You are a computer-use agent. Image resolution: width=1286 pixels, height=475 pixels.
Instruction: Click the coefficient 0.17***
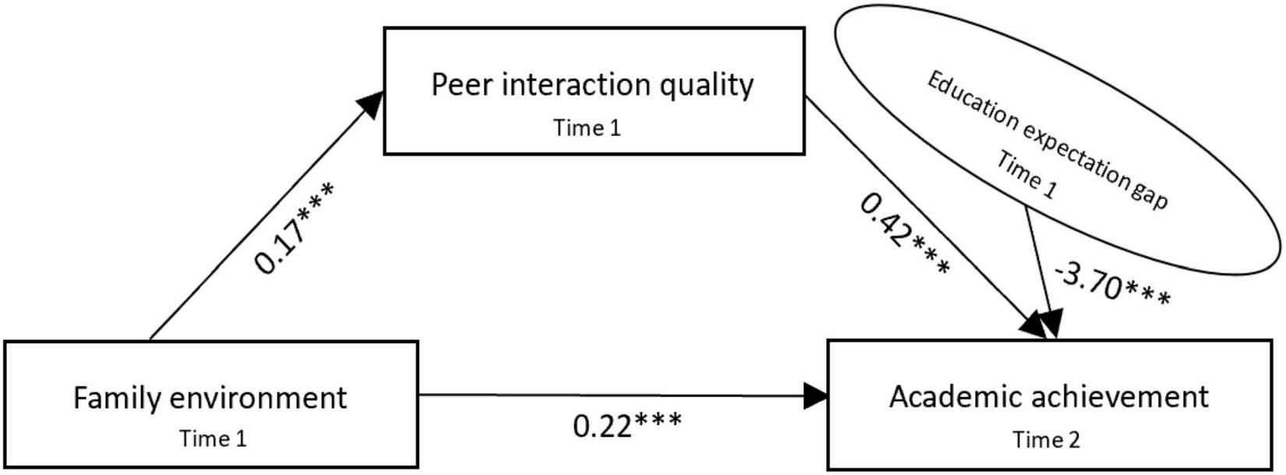tap(295, 228)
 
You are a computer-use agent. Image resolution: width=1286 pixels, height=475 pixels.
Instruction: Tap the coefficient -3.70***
tap(1112, 285)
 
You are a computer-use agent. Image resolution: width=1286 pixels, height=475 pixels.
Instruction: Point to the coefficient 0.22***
tap(627, 425)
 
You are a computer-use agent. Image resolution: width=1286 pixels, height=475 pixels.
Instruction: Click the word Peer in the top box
tap(462, 84)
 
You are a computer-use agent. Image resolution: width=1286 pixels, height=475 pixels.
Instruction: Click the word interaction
tap(576, 84)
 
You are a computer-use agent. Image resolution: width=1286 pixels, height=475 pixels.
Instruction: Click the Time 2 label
tap(1046, 440)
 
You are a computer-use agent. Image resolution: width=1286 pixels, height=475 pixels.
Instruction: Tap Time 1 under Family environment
tap(213, 438)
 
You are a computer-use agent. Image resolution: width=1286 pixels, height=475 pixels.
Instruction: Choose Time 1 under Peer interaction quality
tap(587, 127)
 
